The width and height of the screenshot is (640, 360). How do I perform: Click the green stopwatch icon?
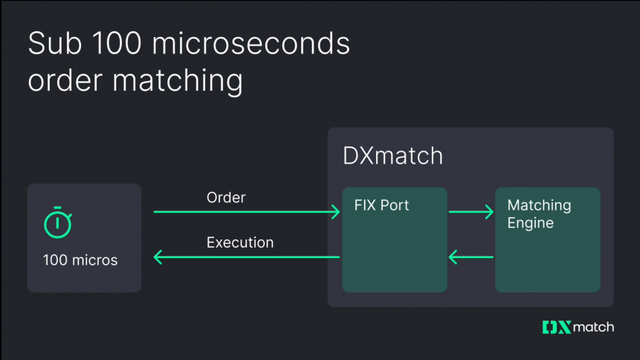click(x=57, y=223)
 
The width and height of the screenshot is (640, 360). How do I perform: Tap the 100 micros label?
click(x=80, y=260)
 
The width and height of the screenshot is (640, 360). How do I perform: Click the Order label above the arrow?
click(x=226, y=198)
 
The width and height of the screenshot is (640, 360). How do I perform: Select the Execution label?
click(x=240, y=242)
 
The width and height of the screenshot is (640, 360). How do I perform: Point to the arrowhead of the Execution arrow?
click(x=158, y=258)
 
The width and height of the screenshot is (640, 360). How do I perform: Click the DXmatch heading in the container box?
click(x=392, y=156)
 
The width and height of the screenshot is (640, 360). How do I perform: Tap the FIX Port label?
click(x=382, y=205)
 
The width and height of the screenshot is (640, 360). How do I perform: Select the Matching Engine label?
click(x=539, y=213)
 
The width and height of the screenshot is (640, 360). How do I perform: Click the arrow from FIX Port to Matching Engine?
click(x=471, y=213)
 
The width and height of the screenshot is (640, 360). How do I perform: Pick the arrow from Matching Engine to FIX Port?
click(x=471, y=258)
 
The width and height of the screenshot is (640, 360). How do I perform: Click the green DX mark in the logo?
click(x=556, y=327)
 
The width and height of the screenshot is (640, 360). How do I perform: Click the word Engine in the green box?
click(x=530, y=222)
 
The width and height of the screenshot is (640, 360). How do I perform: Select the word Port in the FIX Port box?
click(x=395, y=205)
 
